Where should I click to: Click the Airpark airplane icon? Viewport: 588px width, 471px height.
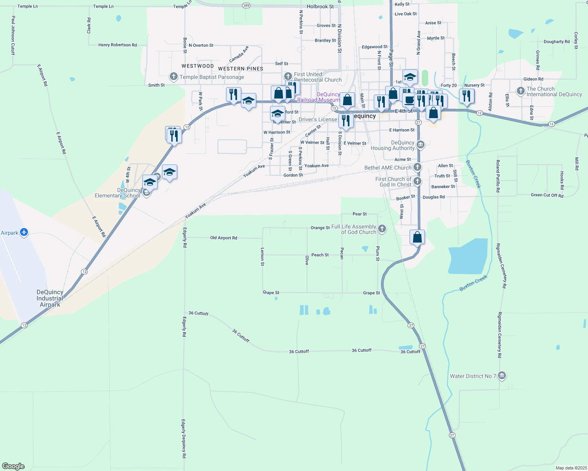pyautogui.click(x=24, y=232)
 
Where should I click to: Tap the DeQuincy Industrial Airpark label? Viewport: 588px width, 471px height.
pyautogui.click(x=50, y=298)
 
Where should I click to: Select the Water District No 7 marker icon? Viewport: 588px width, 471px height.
pyautogui.click(x=502, y=376)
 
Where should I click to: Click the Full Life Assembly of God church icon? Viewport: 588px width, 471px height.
pyautogui.click(x=382, y=229)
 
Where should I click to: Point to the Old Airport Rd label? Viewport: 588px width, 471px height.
pyautogui.click(x=223, y=238)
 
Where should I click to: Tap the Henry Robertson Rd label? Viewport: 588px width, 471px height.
pyautogui.click(x=118, y=45)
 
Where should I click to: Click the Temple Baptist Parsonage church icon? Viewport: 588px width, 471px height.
pyautogui.click(x=173, y=77)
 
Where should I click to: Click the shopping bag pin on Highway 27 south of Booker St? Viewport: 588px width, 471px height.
pyautogui.click(x=417, y=237)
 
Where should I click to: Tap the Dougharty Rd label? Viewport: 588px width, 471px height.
pyautogui.click(x=557, y=42)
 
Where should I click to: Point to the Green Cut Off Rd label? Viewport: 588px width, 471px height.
pyautogui.click(x=547, y=195)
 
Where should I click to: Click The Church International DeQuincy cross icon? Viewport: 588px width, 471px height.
pyautogui.click(x=521, y=91)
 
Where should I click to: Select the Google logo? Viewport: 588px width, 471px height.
pyautogui.click(x=13, y=466)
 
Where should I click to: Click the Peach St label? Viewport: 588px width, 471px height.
pyautogui.click(x=320, y=255)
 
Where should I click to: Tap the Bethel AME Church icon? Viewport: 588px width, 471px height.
pyautogui.click(x=417, y=168)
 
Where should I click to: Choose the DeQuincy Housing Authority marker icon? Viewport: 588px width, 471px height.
pyautogui.click(x=420, y=145)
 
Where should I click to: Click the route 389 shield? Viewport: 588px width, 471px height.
pyautogui.click(x=246, y=5)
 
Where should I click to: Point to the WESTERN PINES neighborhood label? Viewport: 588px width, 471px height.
pyautogui.click(x=241, y=69)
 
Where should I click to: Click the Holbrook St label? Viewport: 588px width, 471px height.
pyautogui.click(x=320, y=7)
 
